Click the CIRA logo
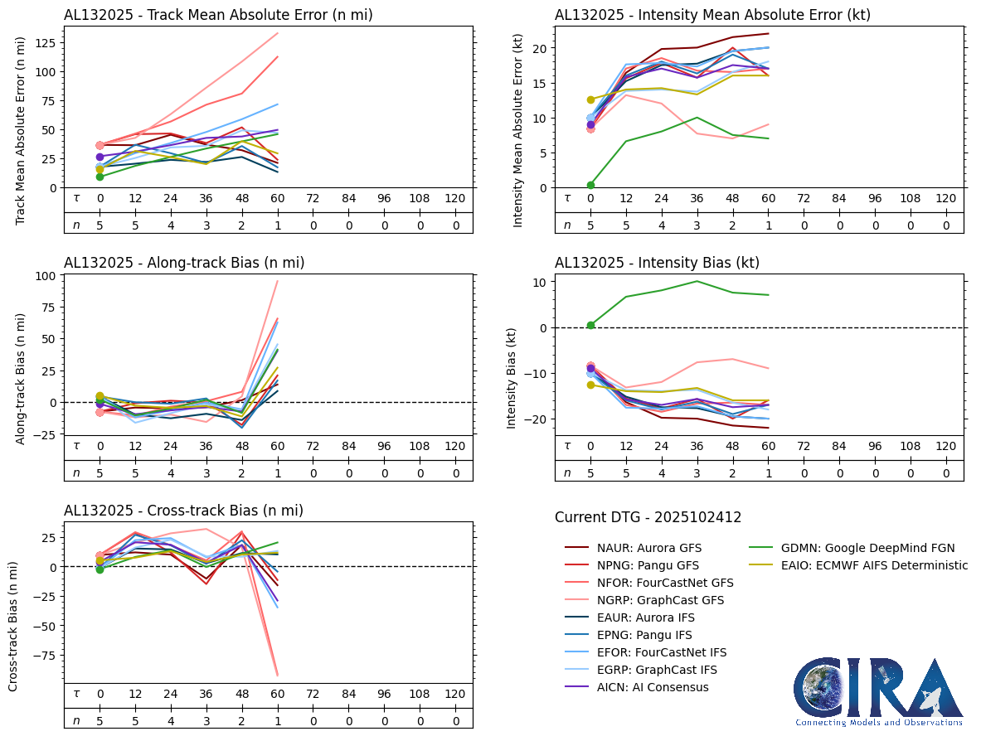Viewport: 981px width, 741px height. (x=878, y=692)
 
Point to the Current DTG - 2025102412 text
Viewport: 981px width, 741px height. (x=648, y=517)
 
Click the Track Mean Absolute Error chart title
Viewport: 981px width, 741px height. (x=218, y=15)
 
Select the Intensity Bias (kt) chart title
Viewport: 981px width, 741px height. (x=657, y=263)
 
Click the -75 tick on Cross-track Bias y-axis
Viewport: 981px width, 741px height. (x=46, y=655)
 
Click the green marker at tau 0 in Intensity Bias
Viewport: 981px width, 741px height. (x=590, y=325)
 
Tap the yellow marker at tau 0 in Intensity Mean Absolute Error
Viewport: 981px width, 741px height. (x=590, y=99)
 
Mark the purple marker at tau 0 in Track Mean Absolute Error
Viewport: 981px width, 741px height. (x=100, y=157)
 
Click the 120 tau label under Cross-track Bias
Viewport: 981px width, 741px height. (x=454, y=694)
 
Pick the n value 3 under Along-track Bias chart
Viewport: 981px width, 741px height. (x=206, y=472)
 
